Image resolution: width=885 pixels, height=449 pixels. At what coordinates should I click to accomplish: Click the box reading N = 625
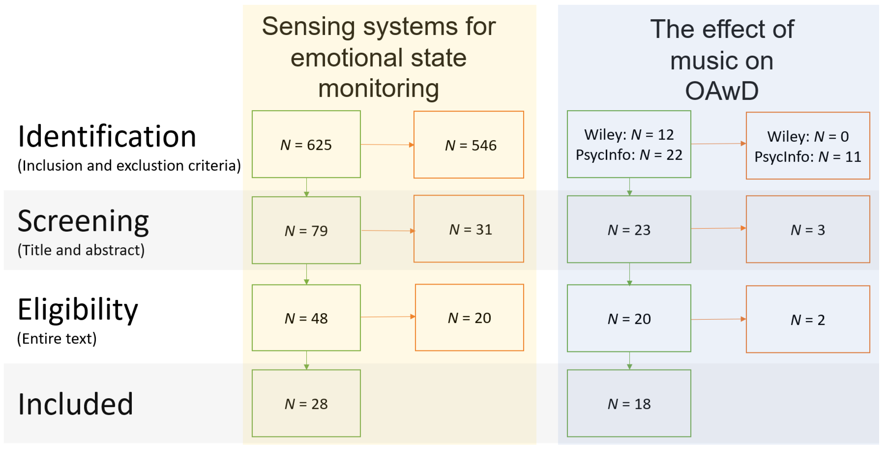coord(306,145)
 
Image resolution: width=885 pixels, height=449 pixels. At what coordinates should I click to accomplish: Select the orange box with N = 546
coord(468,145)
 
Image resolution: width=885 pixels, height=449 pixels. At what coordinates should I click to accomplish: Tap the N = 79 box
coord(306,230)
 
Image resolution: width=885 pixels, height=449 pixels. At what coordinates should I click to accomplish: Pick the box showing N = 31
coord(468,229)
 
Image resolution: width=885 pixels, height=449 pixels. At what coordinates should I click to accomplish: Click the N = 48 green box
coord(306,318)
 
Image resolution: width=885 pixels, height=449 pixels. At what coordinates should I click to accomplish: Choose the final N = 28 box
coord(306,404)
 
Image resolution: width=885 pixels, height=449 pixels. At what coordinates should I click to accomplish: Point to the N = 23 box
coord(629,230)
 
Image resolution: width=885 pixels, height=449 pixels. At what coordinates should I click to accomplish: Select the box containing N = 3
coord(807,230)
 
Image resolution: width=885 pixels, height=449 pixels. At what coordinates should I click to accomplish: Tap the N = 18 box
coord(629,404)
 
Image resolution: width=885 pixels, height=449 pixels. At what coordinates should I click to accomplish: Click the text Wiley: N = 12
coord(629,135)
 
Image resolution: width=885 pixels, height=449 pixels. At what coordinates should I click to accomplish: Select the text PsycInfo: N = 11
coord(807,157)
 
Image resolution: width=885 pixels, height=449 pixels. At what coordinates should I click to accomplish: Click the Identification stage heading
coord(107,137)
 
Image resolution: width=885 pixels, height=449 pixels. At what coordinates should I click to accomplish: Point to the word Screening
coord(83,222)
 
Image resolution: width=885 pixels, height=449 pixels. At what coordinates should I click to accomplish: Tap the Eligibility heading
coord(78,310)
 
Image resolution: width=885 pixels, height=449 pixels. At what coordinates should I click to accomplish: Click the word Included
coord(76,404)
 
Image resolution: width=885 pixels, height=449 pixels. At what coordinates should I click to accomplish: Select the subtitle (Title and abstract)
coord(81,250)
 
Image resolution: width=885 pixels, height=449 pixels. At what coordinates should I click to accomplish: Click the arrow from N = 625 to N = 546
coord(387,145)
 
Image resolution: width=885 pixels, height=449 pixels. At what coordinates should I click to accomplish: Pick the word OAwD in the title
coord(721,91)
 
